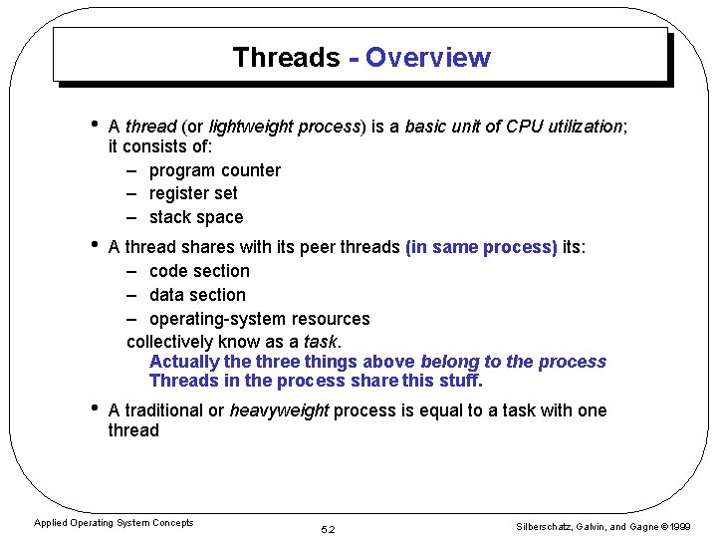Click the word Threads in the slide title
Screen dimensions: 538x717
coord(286,58)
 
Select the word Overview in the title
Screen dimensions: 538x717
coord(427,58)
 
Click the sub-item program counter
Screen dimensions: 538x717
coord(214,170)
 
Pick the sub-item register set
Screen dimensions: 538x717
coord(193,193)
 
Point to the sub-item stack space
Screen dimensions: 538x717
coord(195,217)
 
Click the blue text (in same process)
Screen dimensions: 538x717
coord(481,247)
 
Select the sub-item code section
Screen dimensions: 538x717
coord(199,271)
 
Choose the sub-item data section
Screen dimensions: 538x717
coord(197,295)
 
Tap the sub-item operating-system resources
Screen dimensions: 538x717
coord(259,319)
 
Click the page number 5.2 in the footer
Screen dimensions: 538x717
coord(329,529)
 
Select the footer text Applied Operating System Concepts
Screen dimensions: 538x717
coord(114,523)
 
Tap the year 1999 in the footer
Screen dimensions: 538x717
coord(681,527)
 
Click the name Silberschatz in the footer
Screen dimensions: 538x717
coord(540,527)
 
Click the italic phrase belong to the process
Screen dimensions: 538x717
coord(513,362)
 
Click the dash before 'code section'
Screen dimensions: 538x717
coord(132,271)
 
